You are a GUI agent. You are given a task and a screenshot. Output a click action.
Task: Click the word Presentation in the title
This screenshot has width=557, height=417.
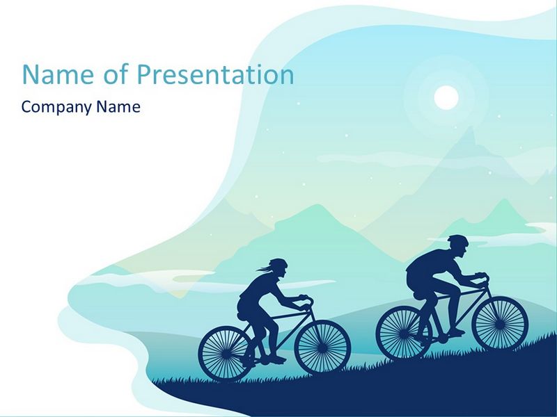click(x=216, y=75)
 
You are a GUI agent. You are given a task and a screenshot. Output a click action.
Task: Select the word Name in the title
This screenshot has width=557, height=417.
click(x=58, y=74)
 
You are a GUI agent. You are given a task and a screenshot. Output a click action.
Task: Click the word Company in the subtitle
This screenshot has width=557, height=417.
click(x=57, y=107)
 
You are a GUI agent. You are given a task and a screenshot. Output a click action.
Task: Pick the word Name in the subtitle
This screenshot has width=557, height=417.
click(x=118, y=107)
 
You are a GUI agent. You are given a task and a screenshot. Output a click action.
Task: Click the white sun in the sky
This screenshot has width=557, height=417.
click(x=446, y=97)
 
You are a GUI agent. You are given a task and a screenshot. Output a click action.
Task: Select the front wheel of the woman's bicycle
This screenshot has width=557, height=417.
click(x=323, y=348)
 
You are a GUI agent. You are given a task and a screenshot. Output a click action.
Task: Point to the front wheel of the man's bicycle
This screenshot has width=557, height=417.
click(x=501, y=322)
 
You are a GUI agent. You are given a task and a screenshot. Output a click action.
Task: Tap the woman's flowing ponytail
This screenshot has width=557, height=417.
click(x=263, y=269)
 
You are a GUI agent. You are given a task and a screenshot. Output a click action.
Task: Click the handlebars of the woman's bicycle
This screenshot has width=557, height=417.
click(x=306, y=300)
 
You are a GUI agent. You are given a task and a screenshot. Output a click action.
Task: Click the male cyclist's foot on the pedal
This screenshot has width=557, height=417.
click(x=456, y=333)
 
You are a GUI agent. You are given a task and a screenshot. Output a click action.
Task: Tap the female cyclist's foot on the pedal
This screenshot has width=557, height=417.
click(x=276, y=360)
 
